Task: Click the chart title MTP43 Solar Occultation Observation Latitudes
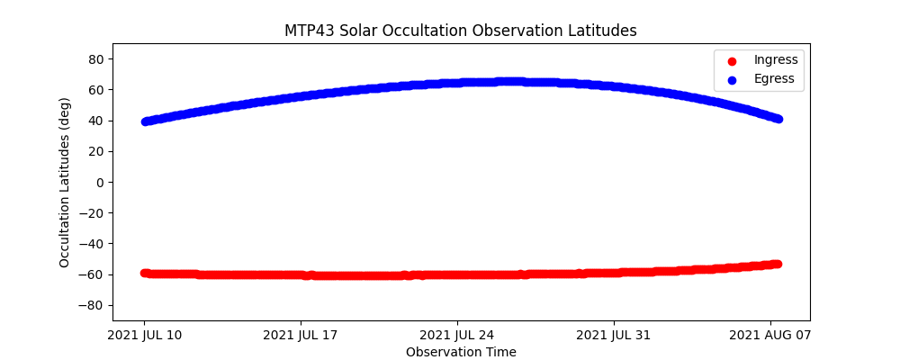(461, 31)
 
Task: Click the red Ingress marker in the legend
(731, 60)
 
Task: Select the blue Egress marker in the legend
(731, 79)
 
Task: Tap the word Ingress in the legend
(776, 60)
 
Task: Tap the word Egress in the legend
(774, 79)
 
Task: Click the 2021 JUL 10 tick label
(144, 336)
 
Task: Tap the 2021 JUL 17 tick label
(301, 336)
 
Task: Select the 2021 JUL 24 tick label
(457, 336)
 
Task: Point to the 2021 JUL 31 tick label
(614, 336)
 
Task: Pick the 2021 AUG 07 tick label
(770, 336)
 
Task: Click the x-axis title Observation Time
(461, 352)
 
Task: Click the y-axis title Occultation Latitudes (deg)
(65, 182)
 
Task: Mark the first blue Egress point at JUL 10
(145, 121)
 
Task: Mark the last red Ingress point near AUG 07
(777, 264)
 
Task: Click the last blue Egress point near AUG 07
(778, 119)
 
